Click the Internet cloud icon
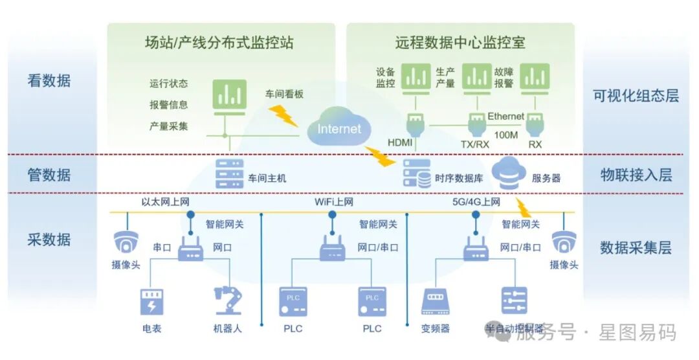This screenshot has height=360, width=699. [x=339, y=128]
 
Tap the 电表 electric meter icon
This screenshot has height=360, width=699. [x=152, y=302]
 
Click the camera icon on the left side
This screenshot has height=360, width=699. [x=126, y=243]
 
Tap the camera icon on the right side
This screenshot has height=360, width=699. [x=564, y=243]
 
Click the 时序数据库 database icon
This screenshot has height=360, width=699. [x=417, y=174]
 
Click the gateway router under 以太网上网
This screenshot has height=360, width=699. [x=191, y=247]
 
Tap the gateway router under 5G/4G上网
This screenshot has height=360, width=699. [x=476, y=247]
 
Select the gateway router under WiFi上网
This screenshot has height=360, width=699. [x=332, y=247]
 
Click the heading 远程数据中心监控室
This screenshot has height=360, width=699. [x=460, y=43]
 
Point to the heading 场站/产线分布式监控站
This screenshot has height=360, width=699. [x=219, y=43]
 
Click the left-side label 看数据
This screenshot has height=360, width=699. [x=49, y=81]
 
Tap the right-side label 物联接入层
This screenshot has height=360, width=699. [x=636, y=175]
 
